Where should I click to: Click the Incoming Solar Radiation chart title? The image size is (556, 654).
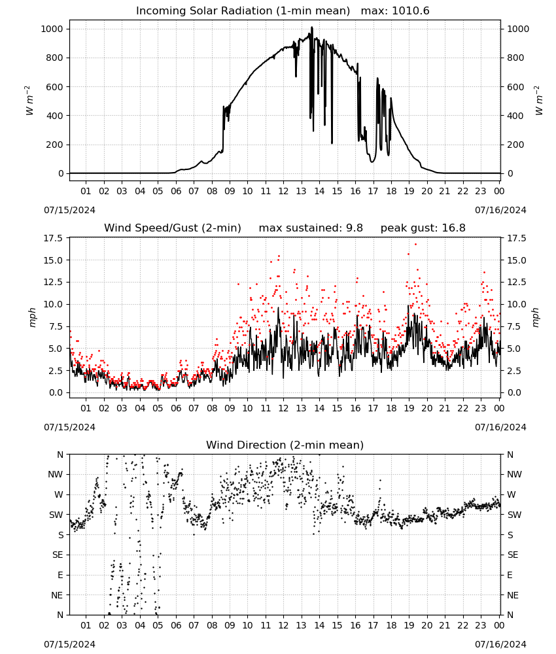click(x=243, y=11)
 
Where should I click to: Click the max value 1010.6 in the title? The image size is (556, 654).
click(x=411, y=11)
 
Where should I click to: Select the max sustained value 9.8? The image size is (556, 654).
click(x=354, y=228)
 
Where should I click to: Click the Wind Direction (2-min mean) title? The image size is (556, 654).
click(x=285, y=445)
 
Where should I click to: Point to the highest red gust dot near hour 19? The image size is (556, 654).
click(x=415, y=244)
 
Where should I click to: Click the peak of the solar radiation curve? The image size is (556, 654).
click(x=311, y=27)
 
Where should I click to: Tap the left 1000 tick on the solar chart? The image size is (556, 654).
click(x=52, y=29)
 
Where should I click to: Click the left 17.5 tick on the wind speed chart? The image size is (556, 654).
click(x=54, y=238)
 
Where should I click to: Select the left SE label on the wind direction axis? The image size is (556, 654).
click(x=58, y=555)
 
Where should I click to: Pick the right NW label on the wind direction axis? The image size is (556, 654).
click(x=514, y=474)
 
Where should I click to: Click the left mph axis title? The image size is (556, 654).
click(x=32, y=317)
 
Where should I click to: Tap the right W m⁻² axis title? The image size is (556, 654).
click(x=538, y=101)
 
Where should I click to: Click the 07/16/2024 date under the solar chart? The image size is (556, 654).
click(x=500, y=210)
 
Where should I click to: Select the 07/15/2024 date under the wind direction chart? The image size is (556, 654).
click(x=69, y=644)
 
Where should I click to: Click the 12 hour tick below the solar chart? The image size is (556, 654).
click(x=283, y=191)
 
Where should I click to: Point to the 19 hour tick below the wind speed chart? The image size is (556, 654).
click(x=409, y=408)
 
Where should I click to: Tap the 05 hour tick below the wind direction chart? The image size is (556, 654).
click(x=158, y=625)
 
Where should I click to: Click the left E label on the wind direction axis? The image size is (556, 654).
click(x=60, y=575)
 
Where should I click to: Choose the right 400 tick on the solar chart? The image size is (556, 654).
click(x=515, y=116)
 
